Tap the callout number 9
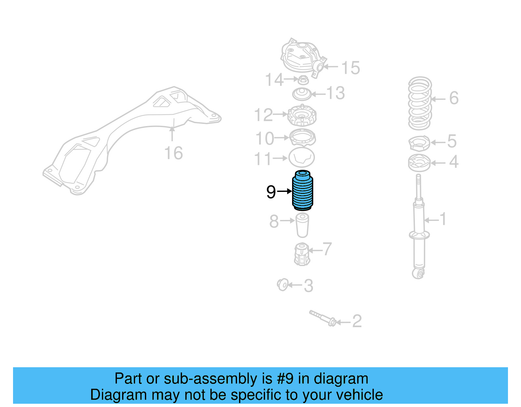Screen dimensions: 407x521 pos(271,192)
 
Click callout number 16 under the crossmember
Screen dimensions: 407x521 pos(174,153)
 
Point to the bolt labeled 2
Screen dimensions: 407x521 pos(323,318)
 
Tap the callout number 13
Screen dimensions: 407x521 pos(335,93)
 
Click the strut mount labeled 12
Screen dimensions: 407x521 pos(302,116)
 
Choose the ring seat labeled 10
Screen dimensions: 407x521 pos(302,138)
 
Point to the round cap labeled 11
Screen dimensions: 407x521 pos(302,157)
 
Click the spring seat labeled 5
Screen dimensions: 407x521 pos(419,143)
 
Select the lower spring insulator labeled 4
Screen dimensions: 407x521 pos(419,163)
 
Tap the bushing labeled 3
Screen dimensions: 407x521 pos(283,285)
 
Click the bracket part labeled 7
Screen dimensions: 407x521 pos(302,254)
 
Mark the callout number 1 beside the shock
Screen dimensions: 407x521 pos(443,219)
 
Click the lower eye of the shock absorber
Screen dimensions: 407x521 pos(418,273)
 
